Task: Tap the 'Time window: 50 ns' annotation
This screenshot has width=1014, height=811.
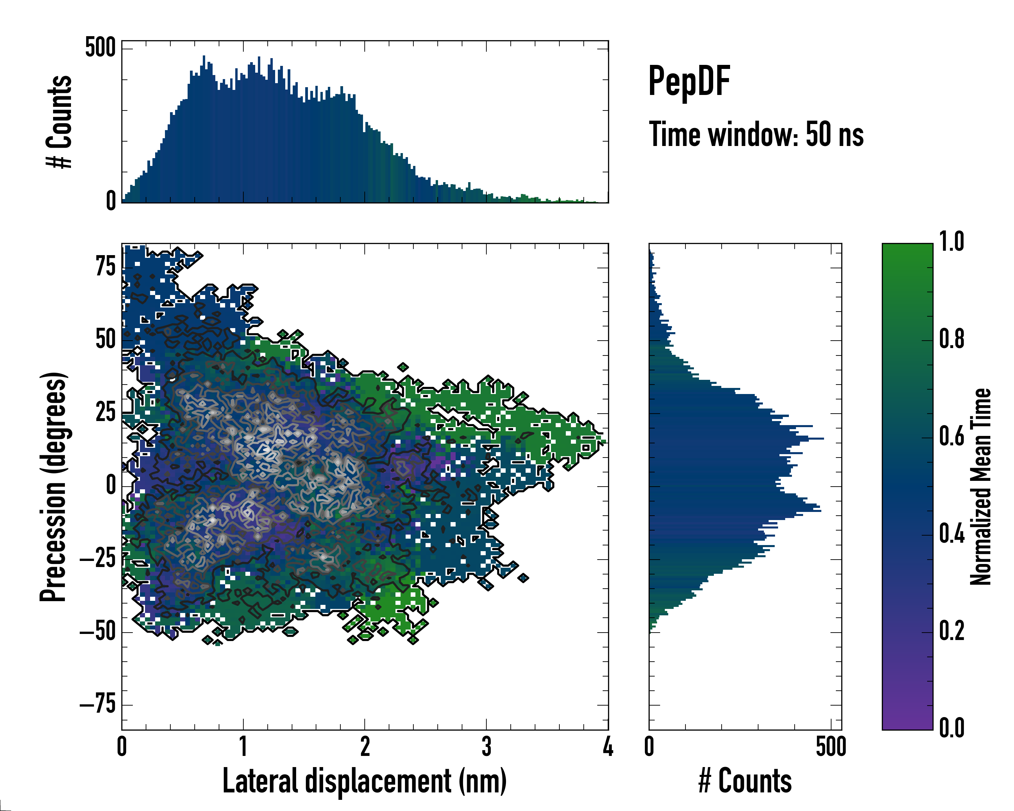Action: pyautogui.click(x=756, y=134)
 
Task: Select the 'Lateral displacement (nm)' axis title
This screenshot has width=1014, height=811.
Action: pyautogui.click(x=364, y=781)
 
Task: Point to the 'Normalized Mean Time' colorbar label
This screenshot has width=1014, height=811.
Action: pyautogui.click(x=981, y=487)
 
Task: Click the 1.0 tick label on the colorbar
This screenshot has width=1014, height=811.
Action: pyautogui.click(x=951, y=242)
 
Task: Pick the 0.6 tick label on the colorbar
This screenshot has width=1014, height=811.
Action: pyautogui.click(x=951, y=436)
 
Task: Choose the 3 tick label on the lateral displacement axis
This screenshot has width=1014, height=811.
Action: pyautogui.click(x=487, y=746)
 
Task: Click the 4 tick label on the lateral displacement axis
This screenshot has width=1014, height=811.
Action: pyautogui.click(x=608, y=746)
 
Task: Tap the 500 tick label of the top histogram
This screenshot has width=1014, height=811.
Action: pyautogui.click(x=100, y=48)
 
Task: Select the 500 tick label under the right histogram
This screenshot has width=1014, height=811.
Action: pyautogui.click(x=831, y=746)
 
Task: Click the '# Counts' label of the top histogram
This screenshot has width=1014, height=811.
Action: pyautogui.click(x=59, y=122)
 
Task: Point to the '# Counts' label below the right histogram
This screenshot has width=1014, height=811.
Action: pyautogui.click(x=745, y=781)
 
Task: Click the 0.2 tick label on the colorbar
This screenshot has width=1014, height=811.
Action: pyautogui.click(x=951, y=631)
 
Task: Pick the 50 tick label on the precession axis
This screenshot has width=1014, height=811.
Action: pyautogui.click(x=105, y=340)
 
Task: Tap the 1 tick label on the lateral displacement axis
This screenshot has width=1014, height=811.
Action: pyautogui.click(x=243, y=746)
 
